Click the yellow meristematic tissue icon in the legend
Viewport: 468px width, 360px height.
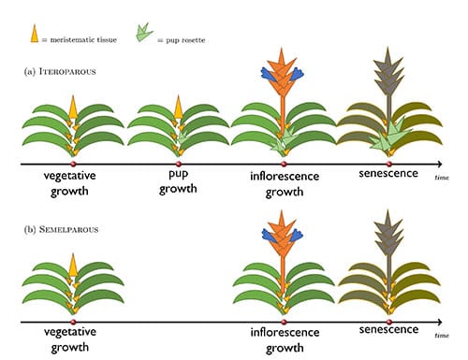pyautogui.click(x=36, y=35)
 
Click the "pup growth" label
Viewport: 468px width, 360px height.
pyautogui.click(x=179, y=181)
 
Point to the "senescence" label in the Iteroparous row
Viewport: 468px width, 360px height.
pyautogui.click(x=388, y=175)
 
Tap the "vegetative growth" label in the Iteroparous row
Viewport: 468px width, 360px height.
pyautogui.click(x=72, y=181)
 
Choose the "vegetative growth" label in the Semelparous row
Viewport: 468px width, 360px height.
pyautogui.click(x=72, y=338)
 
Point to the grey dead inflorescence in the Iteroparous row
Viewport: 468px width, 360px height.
pyautogui.click(x=388, y=75)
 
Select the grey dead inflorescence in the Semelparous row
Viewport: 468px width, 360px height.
pyautogui.click(x=388, y=232)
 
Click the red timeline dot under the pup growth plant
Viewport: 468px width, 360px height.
pyautogui.click(x=179, y=165)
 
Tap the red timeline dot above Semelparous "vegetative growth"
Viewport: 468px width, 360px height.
pyautogui.click(x=72, y=321)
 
